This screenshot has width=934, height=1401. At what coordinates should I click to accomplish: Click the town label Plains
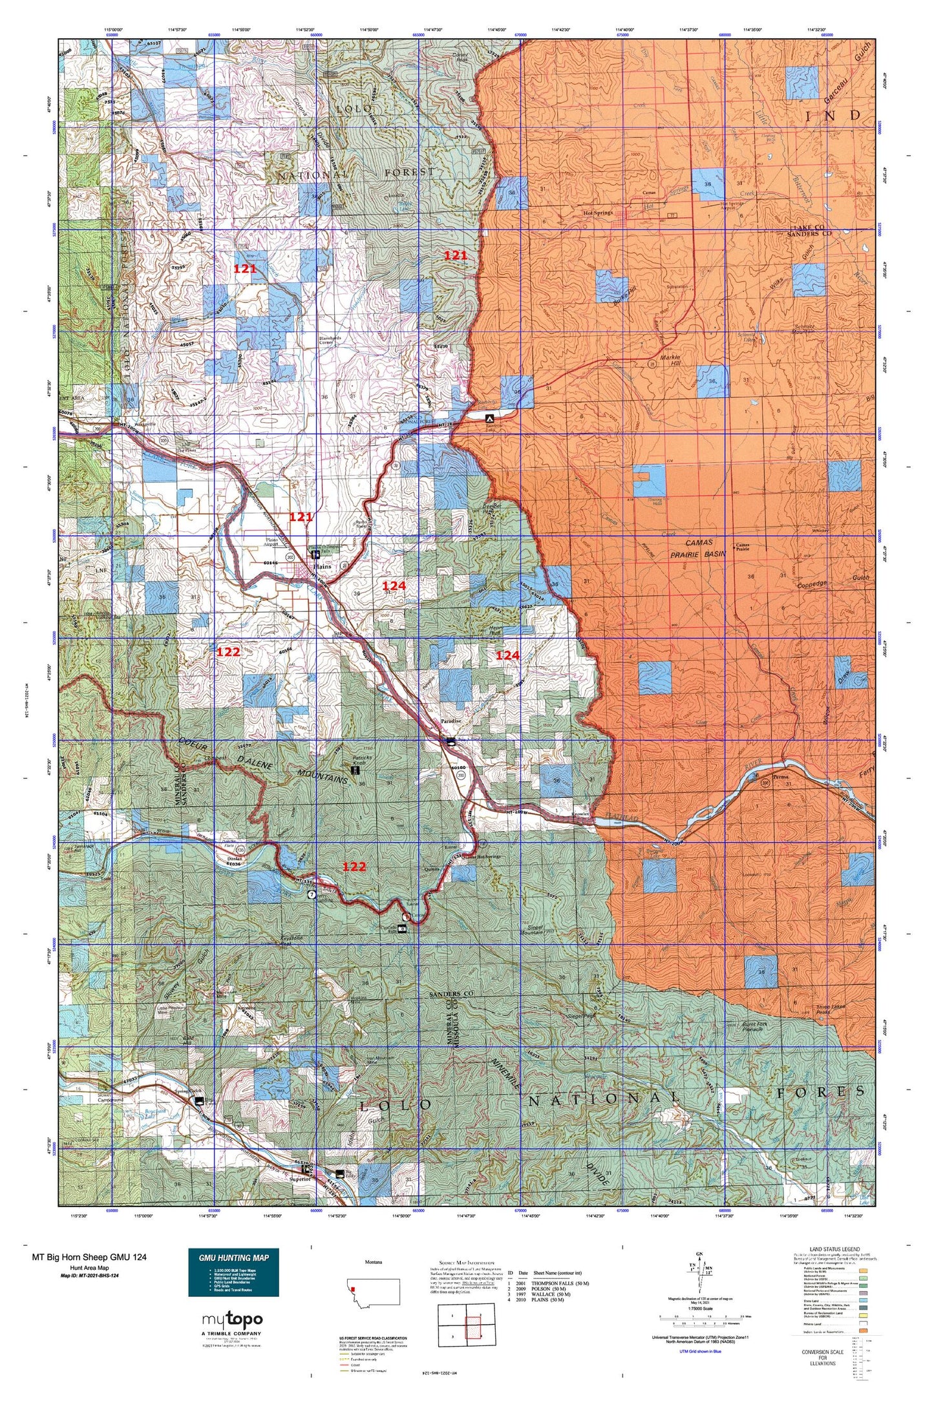[x=322, y=567]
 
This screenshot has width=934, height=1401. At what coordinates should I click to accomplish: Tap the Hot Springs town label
[x=597, y=212]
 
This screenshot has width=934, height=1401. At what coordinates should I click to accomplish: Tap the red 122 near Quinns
[x=354, y=867]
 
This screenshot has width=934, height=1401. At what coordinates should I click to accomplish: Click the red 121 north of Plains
[x=301, y=516]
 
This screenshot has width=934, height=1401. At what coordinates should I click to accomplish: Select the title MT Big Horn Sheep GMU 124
[x=89, y=1257]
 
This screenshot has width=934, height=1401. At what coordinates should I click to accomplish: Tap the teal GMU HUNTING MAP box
[x=233, y=1272]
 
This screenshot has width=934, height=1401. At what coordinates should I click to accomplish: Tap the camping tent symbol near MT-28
[x=489, y=417]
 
